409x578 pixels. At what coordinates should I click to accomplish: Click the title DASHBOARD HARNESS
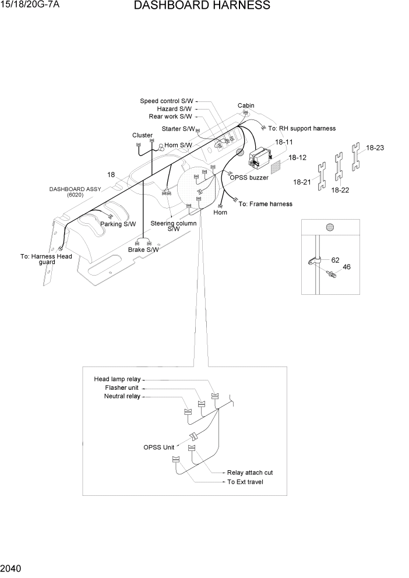(x=202, y=6)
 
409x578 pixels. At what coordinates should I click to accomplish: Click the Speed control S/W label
(x=166, y=101)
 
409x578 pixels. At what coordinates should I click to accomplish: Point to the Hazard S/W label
(x=174, y=109)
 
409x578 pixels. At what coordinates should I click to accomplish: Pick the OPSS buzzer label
(x=249, y=178)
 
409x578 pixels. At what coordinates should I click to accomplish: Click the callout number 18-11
(x=284, y=142)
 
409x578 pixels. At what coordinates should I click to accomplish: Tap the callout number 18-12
(x=297, y=157)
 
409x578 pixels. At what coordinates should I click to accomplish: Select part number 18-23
(x=375, y=148)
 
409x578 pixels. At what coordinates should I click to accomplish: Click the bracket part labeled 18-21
(x=320, y=173)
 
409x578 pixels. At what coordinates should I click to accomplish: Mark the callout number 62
(x=335, y=260)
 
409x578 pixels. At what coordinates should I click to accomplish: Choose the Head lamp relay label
(x=118, y=379)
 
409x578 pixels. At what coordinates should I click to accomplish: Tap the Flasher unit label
(x=122, y=388)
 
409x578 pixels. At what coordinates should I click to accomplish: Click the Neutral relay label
(x=122, y=396)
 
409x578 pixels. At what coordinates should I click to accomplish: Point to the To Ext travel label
(x=245, y=482)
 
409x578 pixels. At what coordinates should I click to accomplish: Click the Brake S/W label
(x=143, y=250)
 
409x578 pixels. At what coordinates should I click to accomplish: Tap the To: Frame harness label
(x=266, y=204)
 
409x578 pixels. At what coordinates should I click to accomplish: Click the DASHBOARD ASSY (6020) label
(x=75, y=192)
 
